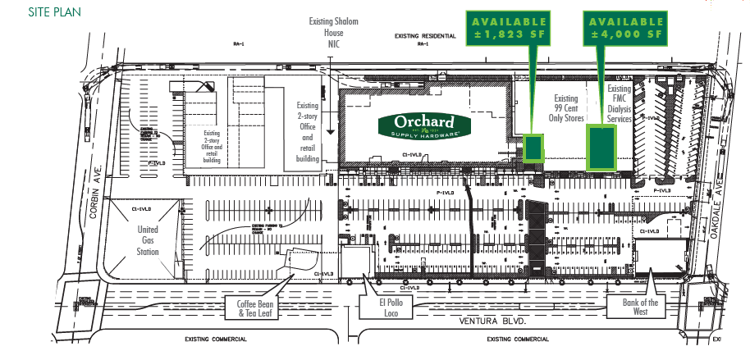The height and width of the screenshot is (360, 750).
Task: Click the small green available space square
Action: pyautogui.click(x=533, y=147)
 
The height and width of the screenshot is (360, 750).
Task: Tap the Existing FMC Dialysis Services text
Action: pyautogui.click(x=620, y=103)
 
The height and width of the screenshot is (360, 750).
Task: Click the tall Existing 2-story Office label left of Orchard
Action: pyautogui.click(x=308, y=131)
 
